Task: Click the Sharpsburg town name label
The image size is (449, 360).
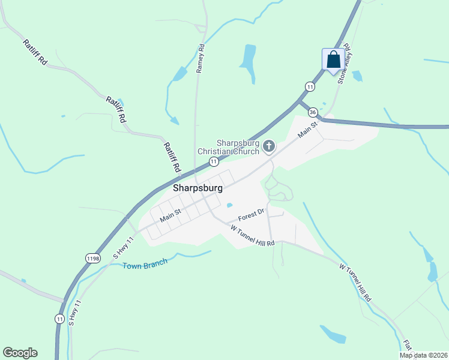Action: point(197,188)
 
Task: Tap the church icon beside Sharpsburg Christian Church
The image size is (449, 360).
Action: point(269,146)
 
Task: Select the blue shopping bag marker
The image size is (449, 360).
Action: point(333,60)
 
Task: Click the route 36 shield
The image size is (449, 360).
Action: point(313,112)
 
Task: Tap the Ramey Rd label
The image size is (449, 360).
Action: point(200,58)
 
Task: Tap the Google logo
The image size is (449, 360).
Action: point(20,352)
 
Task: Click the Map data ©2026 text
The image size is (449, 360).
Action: point(423,355)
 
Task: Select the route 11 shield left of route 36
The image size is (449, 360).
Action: point(310,86)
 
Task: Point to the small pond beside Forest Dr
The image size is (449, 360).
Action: point(229,205)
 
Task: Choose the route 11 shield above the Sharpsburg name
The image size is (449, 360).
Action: point(213,162)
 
